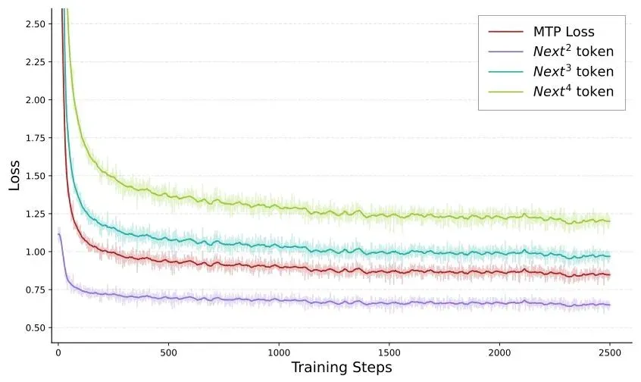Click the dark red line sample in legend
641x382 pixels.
[505, 32]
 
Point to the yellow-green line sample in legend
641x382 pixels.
[505, 92]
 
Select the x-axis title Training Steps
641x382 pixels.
[342, 368]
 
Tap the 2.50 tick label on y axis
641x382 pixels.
[35, 23]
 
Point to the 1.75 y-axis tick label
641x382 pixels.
[35, 138]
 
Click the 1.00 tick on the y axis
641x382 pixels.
[35, 252]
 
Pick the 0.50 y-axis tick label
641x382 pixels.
[35, 327]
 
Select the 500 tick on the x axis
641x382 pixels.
[168, 352]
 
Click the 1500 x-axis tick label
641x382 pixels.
[389, 352]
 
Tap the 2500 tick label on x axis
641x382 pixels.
[610, 352]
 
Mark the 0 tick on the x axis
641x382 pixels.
[58, 352]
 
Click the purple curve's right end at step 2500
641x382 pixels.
[610, 305]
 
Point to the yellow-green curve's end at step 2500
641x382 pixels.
[610, 221]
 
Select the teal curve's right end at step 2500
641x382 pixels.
[610, 256]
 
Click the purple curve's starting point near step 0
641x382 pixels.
[58, 234]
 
